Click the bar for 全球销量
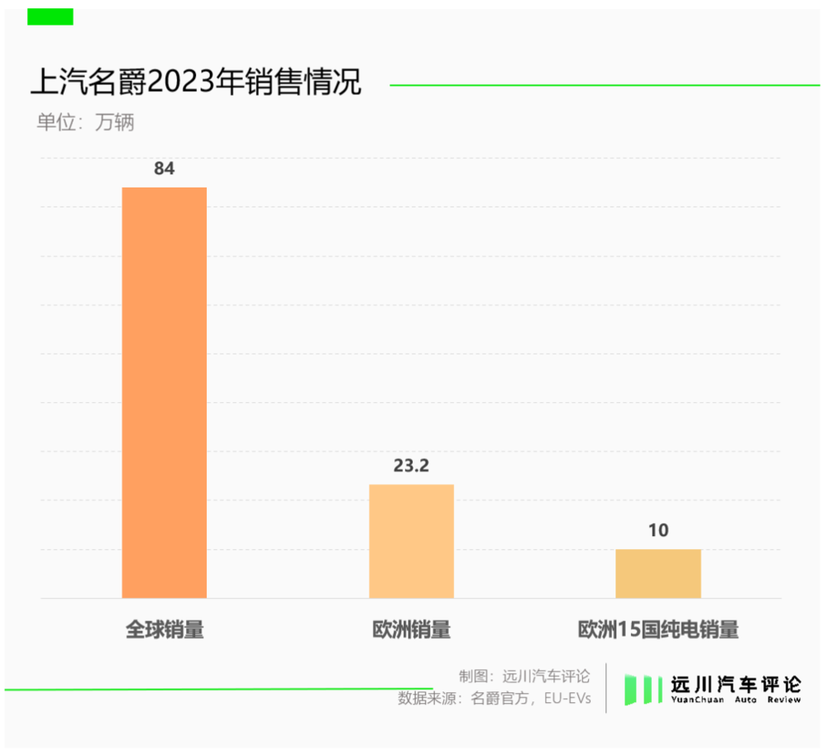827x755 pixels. click(164, 392)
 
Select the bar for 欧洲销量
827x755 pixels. click(411, 541)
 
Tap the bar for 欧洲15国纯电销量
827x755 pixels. click(658, 573)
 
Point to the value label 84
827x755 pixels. click(164, 169)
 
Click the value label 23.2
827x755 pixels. click(411, 466)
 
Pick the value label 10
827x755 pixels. click(658, 530)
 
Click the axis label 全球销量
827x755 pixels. click(164, 630)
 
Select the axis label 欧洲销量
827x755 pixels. click(411, 630)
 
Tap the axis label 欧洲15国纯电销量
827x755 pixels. click(658, 630)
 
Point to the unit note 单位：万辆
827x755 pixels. click(85, 123)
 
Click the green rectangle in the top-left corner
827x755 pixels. click(50, 17)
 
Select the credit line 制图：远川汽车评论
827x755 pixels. click(524, 677)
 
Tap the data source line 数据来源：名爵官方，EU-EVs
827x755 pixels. click(495, 698)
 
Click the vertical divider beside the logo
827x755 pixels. click(607, 687)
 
